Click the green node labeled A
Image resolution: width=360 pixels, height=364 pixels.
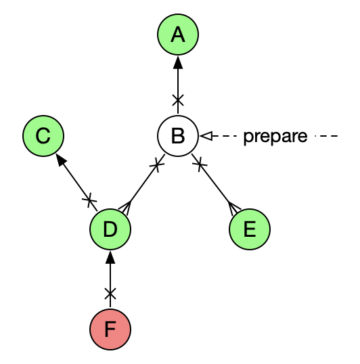[178, 35]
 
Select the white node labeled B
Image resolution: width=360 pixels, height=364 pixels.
[178, 136]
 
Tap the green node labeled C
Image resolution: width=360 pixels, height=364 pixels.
[43, 136]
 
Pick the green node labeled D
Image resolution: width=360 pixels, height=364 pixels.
[110, 229]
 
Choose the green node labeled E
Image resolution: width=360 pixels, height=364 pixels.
[250, 229]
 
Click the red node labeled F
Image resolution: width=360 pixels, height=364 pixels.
[110, 329]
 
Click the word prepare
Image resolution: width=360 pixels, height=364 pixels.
[275, 137]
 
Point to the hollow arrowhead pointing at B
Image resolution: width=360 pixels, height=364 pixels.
[206, 136]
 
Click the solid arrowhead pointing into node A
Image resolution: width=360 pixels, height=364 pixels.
[178, 62]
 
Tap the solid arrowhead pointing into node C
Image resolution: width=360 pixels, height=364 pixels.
[61, 160]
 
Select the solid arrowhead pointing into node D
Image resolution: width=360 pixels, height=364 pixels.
[110, 257]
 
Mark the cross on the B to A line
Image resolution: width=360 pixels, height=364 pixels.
[178, 100]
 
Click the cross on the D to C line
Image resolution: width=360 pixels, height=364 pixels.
[89, 200]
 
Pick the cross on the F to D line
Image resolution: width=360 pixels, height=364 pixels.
[110, 294]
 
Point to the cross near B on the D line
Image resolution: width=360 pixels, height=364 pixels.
[157, 165]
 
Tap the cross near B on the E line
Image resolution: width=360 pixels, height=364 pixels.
[200, 164]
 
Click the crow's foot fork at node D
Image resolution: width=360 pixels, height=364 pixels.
[125, 208]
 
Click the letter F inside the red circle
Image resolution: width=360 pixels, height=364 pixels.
[110, 329]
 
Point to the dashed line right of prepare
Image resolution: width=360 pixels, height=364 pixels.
[326, 136]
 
